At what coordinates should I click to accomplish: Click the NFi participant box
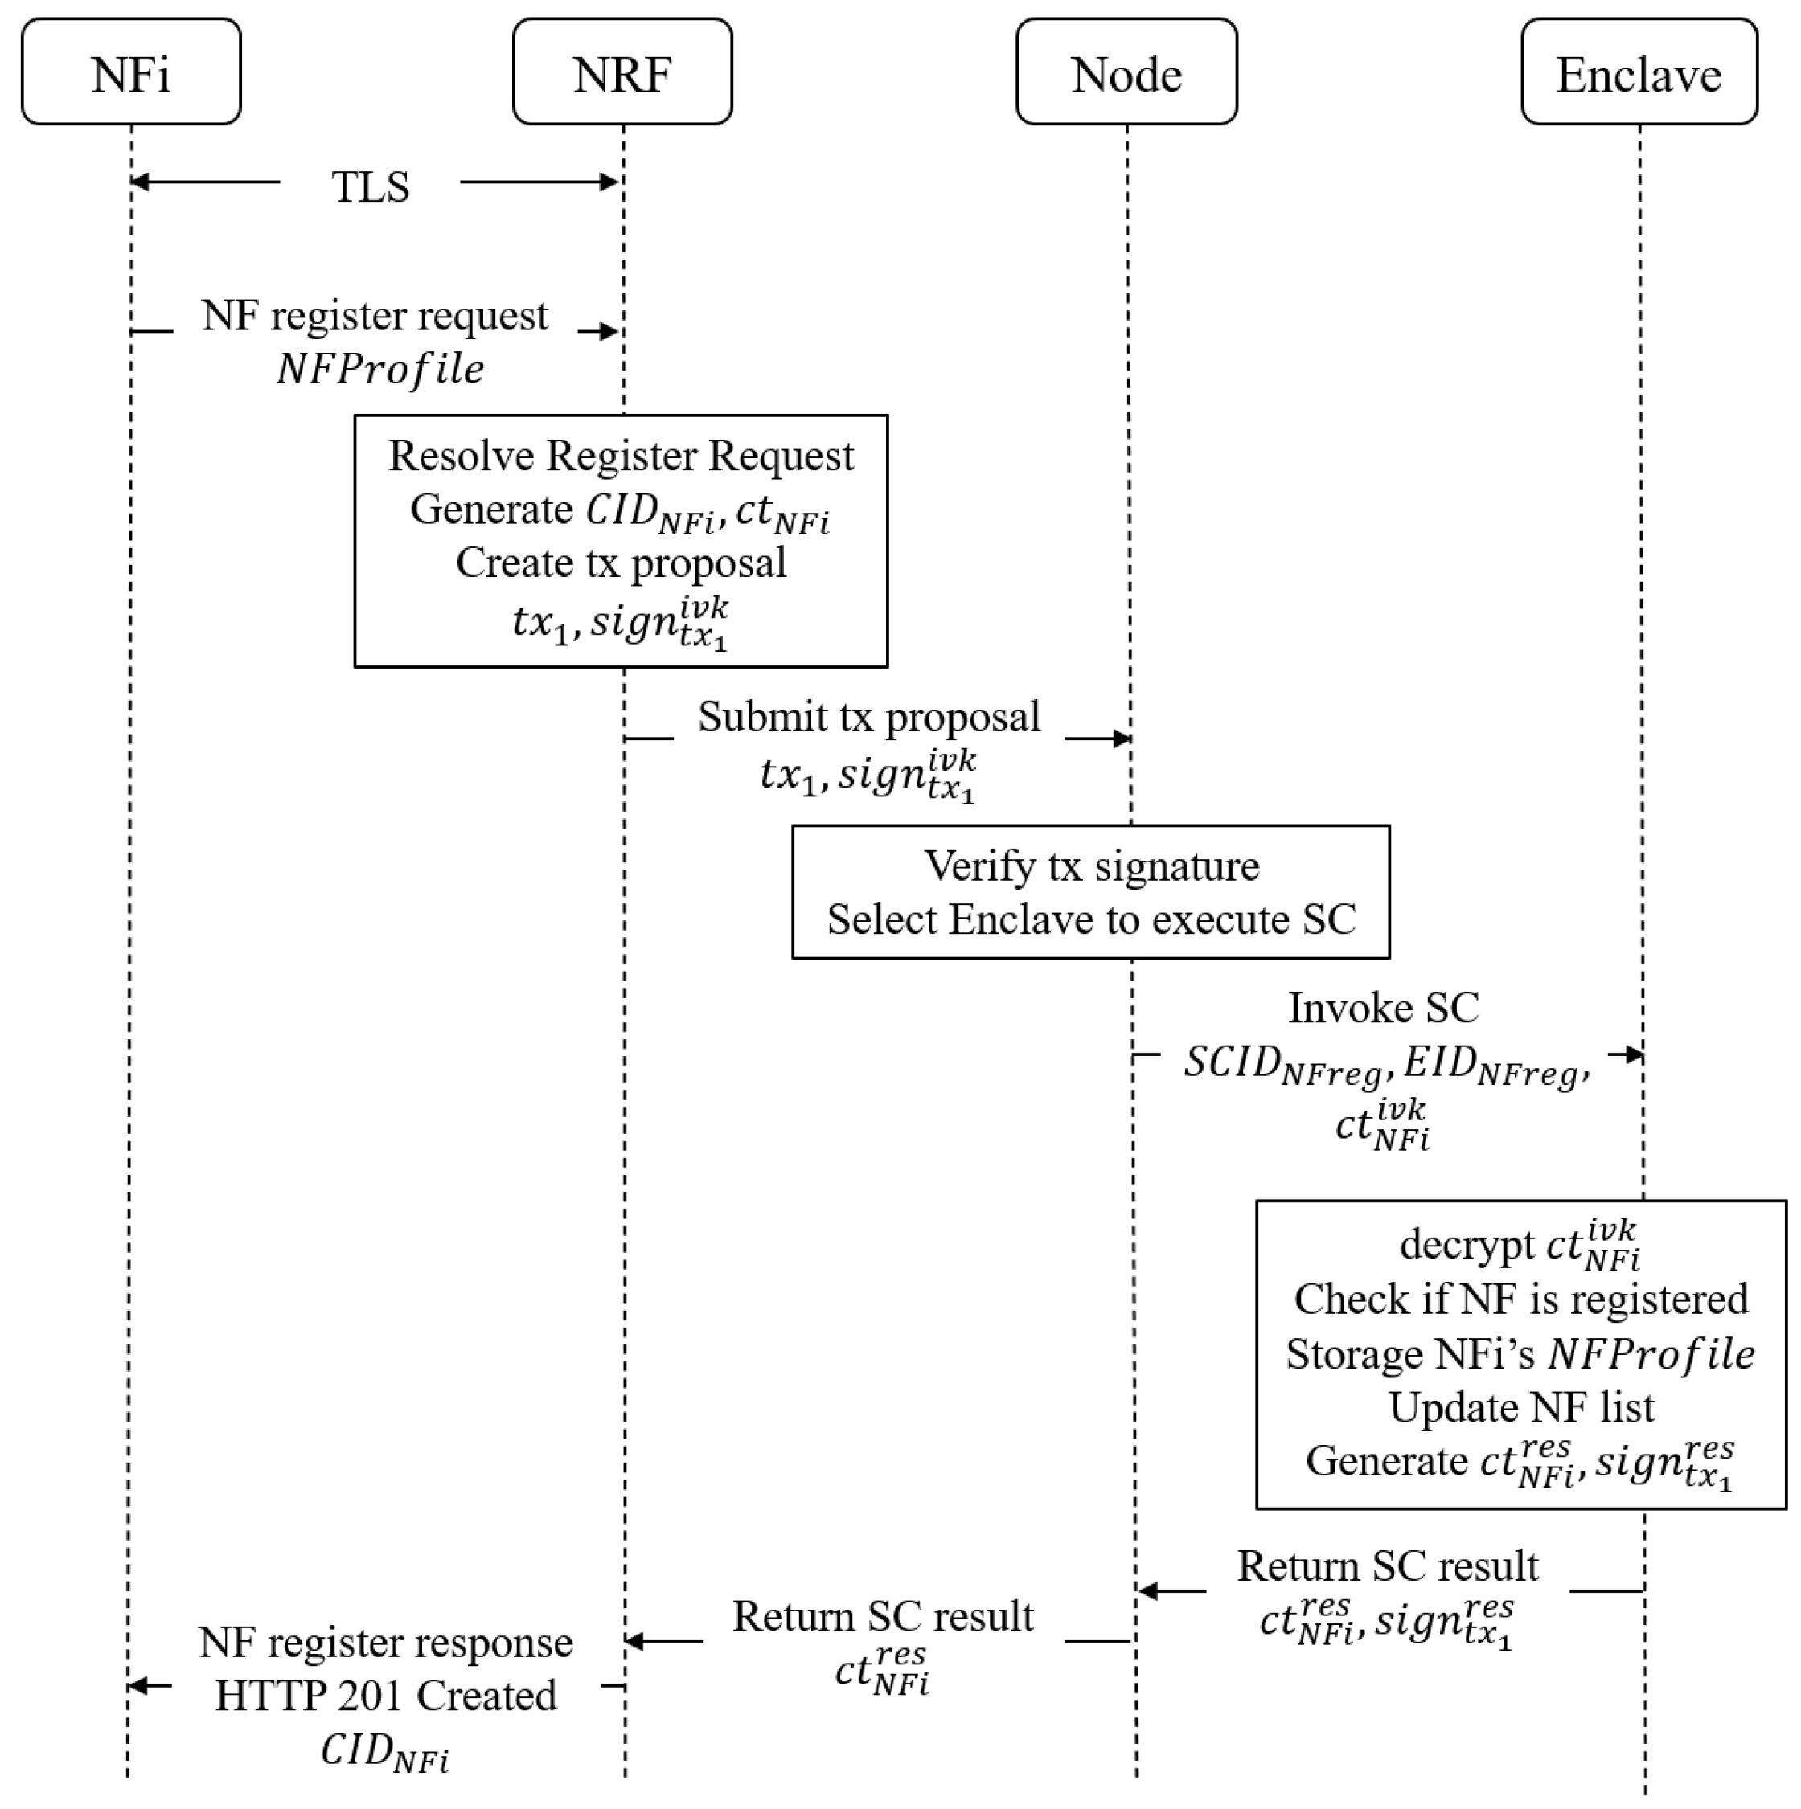131,72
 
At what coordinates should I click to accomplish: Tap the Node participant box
1126,72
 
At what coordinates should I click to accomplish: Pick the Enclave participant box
1638,72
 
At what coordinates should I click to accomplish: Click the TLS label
370,186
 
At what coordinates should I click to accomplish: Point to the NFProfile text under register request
380,369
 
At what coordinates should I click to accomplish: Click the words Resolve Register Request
621,456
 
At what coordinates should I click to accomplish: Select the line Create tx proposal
621,563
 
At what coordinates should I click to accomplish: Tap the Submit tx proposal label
868,717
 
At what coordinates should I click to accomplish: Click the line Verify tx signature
1091,866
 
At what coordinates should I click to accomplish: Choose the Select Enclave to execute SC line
1091,919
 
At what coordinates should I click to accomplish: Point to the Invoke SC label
1383,1009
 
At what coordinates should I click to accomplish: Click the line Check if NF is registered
1521,1299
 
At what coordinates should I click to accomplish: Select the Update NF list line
1521,1407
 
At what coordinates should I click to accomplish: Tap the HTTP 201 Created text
386,1696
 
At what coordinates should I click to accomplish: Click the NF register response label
386,1643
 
